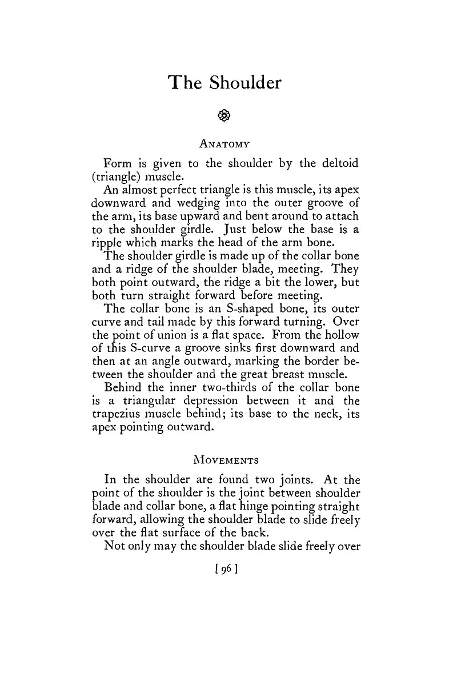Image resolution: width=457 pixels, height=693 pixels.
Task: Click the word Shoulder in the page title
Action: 245,83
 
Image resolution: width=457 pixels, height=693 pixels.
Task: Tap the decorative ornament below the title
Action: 225,115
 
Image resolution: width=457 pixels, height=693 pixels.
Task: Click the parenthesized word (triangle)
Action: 119,177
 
